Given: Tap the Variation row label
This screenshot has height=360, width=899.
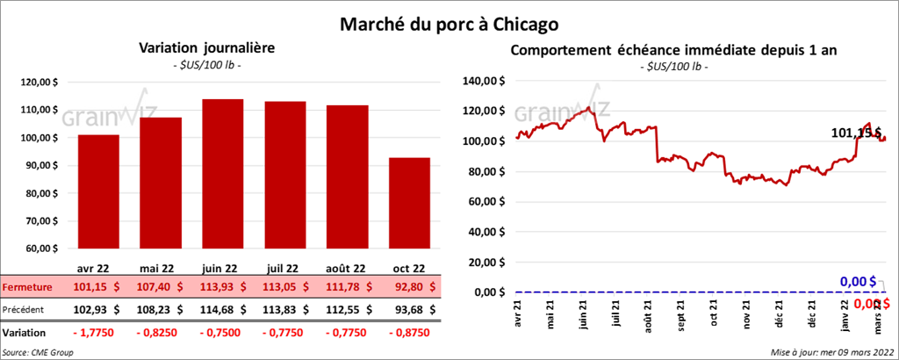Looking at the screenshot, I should click(25, 333).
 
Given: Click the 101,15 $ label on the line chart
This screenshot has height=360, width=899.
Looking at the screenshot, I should click(856, 133).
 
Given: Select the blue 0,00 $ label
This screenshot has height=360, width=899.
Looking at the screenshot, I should click(859, 281).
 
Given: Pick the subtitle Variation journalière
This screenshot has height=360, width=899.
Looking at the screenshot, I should click(201, 49).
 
